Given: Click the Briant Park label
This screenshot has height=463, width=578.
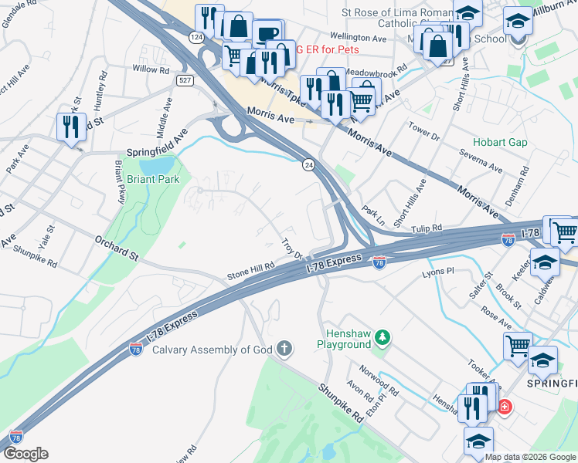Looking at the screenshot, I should click(153, 179).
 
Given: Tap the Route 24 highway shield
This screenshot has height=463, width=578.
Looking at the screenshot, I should click(308, 165).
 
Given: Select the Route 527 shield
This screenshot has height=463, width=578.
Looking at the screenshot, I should click(184, 79).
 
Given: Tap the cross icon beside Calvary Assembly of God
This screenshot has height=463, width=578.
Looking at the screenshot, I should click(284, 350).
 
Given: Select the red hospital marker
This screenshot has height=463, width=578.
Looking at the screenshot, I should click(505, 406).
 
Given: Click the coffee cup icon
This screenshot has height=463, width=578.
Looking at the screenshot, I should click(267, 35).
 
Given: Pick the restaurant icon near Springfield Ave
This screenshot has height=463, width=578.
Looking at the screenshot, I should click(72, 127).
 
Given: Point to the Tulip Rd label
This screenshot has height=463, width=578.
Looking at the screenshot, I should click(426, 228).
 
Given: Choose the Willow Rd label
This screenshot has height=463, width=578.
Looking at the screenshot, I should click(151, 69).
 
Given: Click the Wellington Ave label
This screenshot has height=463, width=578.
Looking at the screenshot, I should click(358, 37).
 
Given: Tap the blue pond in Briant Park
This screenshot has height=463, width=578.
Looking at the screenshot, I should click(159, 164).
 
